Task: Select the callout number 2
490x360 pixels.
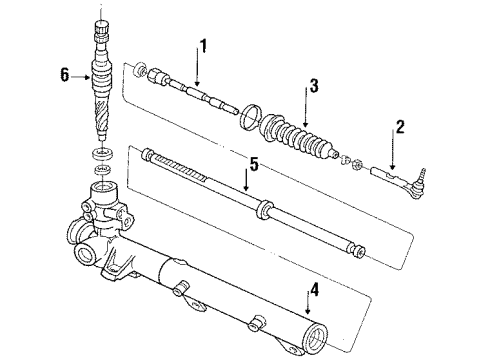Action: click(x=400, y=127)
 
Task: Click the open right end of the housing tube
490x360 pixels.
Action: click(x=322, y=335)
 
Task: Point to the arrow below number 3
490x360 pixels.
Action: click(x=311, y=109)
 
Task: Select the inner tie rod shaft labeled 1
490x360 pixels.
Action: click(x=200, y=95)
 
